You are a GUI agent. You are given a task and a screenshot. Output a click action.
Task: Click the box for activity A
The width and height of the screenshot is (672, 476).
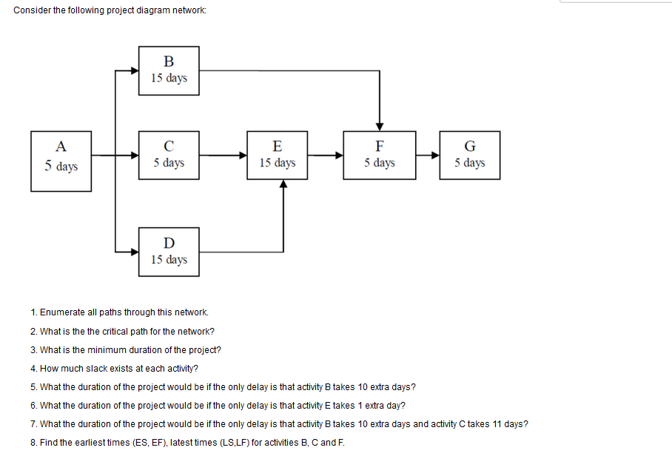[x=61, y=161]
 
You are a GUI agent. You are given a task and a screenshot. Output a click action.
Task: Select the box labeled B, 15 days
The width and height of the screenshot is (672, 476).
[x=169, y=70]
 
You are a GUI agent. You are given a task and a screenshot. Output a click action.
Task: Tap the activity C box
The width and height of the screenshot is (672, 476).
[x=169, y=155]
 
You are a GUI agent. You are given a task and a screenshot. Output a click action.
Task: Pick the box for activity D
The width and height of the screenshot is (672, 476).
[x=169, y=252]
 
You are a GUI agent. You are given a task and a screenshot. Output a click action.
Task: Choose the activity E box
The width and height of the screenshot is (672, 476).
[x=278, y=155]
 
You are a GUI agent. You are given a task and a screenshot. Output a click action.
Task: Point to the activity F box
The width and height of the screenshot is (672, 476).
[x=379, y=155]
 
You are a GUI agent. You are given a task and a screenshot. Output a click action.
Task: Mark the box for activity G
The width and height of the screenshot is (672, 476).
[x=469, y=155]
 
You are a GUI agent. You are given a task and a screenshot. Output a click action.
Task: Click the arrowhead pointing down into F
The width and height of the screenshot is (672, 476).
[x=379, y=125]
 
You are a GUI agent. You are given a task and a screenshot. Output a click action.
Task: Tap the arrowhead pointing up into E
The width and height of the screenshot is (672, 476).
[x=283, y=184]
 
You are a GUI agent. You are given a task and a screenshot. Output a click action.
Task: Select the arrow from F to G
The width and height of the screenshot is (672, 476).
[x=427, y=155]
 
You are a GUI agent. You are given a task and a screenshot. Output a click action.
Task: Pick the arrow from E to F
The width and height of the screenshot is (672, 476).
[x=326, y=155]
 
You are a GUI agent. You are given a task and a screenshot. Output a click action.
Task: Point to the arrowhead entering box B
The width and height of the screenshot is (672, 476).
[x=134, y=70]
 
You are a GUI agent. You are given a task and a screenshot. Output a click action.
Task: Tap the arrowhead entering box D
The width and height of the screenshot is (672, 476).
[x=134, y=252]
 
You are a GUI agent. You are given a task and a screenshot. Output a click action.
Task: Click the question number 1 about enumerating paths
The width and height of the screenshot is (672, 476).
[x=34, y=312]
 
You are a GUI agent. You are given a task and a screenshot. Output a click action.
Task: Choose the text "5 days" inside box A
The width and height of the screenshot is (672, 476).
[x=61, y=167]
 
